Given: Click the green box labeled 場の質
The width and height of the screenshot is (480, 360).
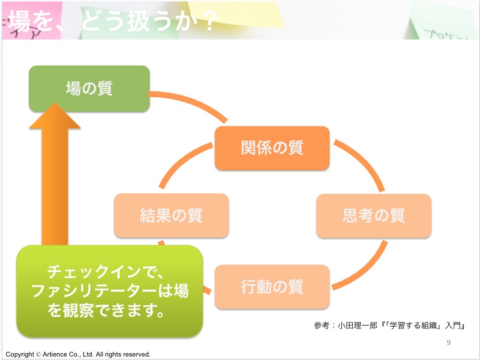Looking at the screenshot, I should pos(89,89).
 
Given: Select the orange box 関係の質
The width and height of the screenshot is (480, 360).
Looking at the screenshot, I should pos(272,148).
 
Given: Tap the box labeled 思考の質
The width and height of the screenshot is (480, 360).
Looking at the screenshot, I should pos(374,216).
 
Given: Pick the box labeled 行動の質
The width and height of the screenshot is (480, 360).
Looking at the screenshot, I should pos(272,286).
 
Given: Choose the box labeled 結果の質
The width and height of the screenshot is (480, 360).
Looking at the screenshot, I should pos(171,216).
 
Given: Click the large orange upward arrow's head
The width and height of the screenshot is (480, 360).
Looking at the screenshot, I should pos(55,118).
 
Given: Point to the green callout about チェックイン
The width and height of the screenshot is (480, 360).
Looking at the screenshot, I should pos(109,290).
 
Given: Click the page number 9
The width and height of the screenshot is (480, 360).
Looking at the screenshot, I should pos(448,343).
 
